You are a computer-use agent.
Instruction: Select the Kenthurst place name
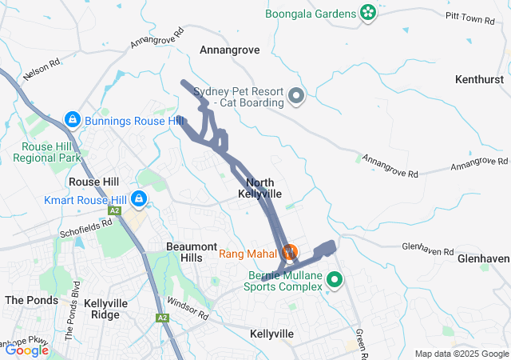[480, 79]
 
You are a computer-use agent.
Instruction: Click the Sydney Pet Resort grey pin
[296, 97]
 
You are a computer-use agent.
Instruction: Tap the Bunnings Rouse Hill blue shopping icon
[72, 120]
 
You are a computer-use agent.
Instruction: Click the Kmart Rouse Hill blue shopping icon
[139, 198]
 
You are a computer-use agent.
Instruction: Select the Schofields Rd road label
[84, 229]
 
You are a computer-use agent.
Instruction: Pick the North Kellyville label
[260, 189]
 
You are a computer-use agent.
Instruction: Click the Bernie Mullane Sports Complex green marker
[335, 280]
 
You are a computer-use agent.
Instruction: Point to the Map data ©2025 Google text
[461, 354]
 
